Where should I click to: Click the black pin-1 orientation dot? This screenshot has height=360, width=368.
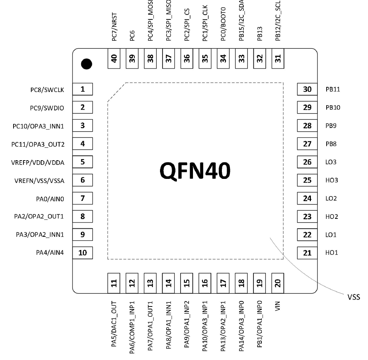[86, 64]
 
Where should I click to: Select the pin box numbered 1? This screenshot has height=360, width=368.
[82, 89]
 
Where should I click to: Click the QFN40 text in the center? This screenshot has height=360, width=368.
[195, 172]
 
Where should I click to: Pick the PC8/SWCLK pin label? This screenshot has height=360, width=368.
[47, 89]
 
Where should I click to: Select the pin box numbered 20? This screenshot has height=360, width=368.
[278, 283]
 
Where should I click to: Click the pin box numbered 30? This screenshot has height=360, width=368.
[307, 89]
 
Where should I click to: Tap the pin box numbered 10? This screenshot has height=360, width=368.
[82, 253]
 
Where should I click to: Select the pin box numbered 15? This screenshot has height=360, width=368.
[187, 283]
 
